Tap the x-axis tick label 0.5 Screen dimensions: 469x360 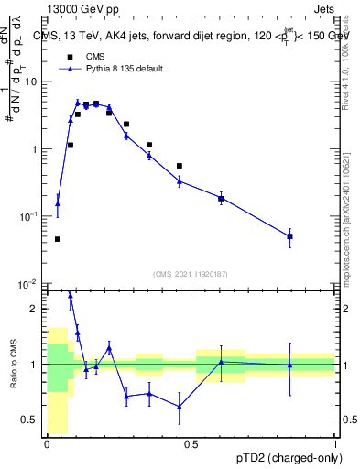[191, 444]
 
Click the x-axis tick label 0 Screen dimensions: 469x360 [47, 444]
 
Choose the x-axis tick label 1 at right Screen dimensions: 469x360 [334, 444]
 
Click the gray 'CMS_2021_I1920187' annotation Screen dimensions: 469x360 [191, 274]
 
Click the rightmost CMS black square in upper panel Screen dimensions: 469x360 [289, 236]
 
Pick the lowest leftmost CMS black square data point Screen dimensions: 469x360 [58, 239]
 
